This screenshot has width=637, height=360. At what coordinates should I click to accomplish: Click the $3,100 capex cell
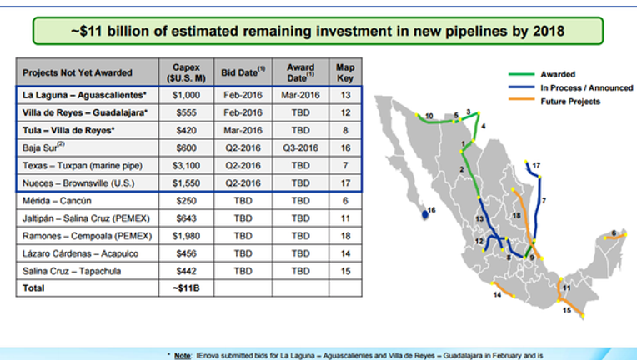pos(186,166)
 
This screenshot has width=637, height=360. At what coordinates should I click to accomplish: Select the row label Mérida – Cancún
pos(57,201)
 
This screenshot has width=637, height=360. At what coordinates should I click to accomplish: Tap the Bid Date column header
pos(243,72)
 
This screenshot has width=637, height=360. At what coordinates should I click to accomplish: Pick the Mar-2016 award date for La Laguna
pos(301,95)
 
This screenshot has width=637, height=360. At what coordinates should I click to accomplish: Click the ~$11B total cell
pos(186,288)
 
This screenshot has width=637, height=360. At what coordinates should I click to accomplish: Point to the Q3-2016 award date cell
pos(301,148)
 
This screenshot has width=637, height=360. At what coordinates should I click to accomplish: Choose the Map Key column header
pos(345,72)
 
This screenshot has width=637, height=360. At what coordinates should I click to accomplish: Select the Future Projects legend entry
pos(554,102)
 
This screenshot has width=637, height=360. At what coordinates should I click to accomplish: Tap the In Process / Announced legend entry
pos(571,88)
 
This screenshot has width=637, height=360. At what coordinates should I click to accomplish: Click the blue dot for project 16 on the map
pos(425,214)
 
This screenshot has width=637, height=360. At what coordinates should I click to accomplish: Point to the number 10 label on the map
pos(429,117)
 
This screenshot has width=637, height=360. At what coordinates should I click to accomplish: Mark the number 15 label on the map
pos(567,311)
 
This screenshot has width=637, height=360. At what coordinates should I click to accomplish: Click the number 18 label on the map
pos(516,216)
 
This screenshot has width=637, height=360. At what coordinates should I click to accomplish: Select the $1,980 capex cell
pos(186,236)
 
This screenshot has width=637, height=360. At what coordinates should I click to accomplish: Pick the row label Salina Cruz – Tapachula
pos(72,271)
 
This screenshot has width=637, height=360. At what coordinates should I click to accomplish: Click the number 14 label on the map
pos(497,295)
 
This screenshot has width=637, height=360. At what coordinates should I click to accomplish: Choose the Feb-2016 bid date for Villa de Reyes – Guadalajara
pos(243,112)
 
